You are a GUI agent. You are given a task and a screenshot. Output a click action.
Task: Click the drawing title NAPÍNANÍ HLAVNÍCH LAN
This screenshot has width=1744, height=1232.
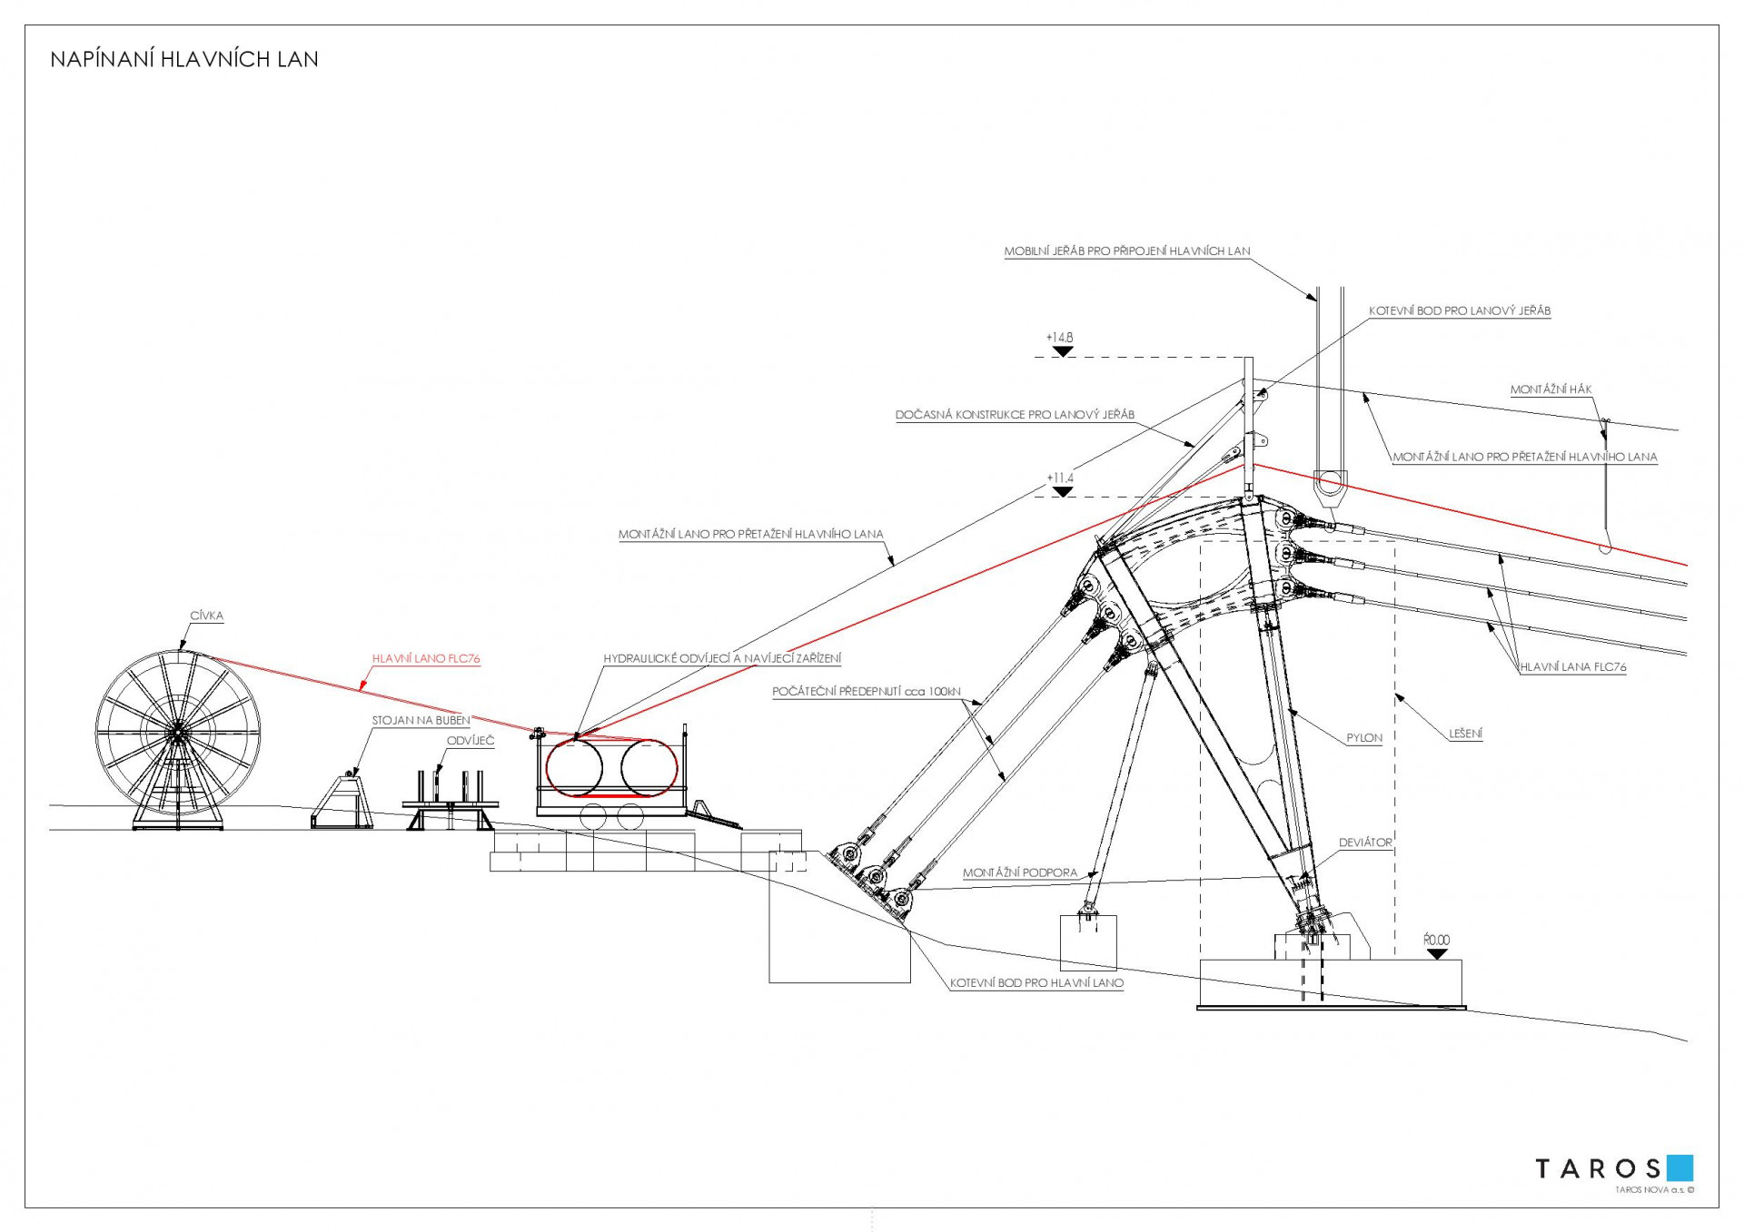point(184,60)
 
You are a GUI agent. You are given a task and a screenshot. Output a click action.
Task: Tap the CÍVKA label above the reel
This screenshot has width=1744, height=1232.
point(206,616)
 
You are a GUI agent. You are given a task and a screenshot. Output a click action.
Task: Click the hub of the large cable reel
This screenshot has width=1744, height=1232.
point(177,732)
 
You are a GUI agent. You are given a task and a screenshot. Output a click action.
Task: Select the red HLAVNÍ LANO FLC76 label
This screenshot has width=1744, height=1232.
point(425,658)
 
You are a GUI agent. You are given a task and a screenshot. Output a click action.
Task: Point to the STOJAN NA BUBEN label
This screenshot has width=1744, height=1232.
point(421,720)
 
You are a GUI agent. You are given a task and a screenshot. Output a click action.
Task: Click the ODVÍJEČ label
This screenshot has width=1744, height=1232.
point(471,741)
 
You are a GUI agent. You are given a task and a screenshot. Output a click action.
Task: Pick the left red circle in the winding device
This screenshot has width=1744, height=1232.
point(574,767)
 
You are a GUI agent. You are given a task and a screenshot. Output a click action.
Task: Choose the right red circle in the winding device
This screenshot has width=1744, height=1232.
point(649,767)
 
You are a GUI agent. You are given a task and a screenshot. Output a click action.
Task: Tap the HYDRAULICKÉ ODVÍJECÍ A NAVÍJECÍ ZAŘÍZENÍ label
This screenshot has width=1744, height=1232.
point(722,658)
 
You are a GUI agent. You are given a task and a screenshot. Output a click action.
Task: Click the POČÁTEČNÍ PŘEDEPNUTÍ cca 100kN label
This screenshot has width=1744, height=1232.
point(866,692)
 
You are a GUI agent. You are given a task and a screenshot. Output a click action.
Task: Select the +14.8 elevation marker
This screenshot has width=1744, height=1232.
point(1060,344)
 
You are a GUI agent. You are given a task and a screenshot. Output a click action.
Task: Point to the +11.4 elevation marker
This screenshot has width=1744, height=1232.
point(1061,484)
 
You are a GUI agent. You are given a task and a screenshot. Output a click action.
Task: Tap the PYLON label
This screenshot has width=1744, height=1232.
point(1363,738)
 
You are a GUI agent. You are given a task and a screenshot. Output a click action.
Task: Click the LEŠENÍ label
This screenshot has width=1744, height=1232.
point(1465,734)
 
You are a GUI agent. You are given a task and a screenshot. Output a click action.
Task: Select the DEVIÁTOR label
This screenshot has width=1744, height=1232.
point(1364,843)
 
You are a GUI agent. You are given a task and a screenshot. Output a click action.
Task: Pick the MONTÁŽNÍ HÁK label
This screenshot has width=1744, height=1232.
point(1551,389)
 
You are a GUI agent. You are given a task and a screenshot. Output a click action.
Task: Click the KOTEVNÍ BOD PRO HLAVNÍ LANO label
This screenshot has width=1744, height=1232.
point(1036,982)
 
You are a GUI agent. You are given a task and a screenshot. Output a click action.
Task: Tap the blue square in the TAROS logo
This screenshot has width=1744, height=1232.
point(1680,1168)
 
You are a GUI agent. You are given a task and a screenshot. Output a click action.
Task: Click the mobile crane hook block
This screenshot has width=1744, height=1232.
point(1330,488)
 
